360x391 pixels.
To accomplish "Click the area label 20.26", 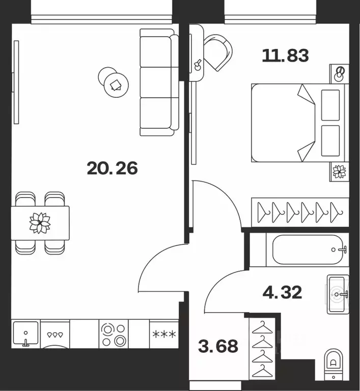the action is coord(112,169).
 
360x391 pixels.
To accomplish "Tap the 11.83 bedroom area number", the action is coord(286,55).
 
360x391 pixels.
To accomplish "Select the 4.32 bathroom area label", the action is coord(282,292).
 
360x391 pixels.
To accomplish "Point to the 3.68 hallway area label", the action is coord(218,346).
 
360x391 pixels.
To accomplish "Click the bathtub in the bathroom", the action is coord(308,249).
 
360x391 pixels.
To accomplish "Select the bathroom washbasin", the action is coord(338,294).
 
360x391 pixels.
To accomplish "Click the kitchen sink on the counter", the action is coord(25,333).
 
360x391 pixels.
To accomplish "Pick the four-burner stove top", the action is coord(114,333).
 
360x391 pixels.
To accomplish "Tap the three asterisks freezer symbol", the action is coord(164,334).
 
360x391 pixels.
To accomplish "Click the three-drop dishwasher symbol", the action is coord(55,334).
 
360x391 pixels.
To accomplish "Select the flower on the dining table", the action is coord(40,223).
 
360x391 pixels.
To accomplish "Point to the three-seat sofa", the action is coord(159,82).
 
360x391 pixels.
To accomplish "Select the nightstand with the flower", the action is coord(339,172).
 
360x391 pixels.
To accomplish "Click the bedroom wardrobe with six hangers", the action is coord(300,212).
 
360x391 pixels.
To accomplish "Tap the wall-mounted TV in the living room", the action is coord(16,82).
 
